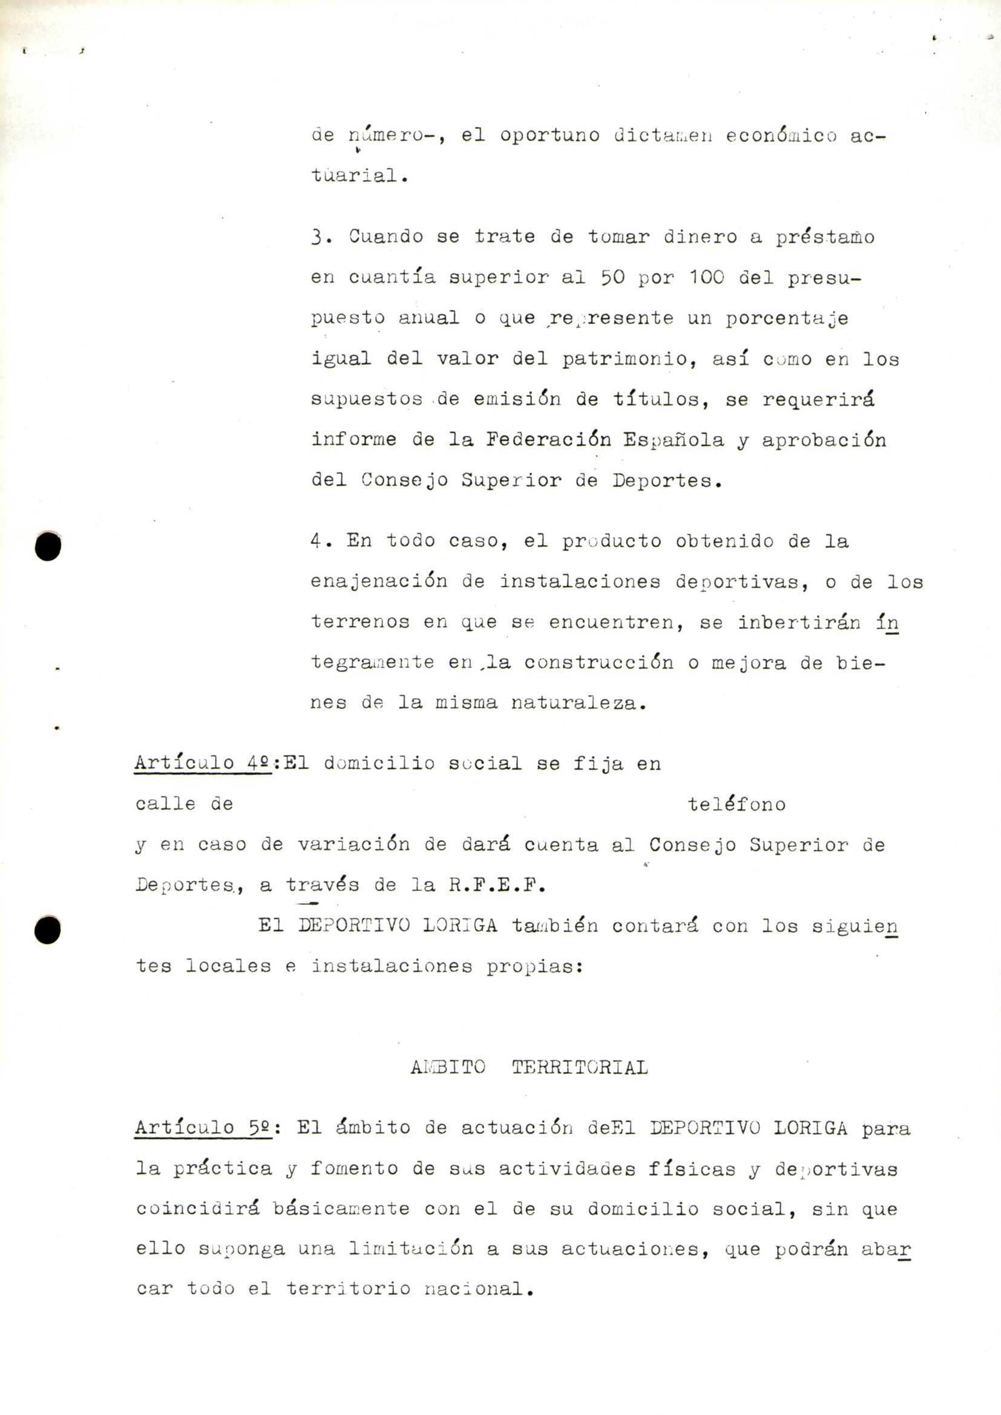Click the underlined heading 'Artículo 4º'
(203, 763)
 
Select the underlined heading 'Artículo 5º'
(203, 1128)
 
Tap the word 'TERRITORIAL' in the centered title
(579, 1067)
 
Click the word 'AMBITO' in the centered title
(448, 1067)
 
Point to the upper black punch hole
(48, 546)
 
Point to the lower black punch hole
(47, 929)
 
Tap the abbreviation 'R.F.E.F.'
(497, 886)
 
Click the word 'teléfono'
(737, 804)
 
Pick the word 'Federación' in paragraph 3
(548, 439)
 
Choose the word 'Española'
(673, 440)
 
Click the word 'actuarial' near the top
(359, 175)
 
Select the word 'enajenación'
(378, 581)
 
